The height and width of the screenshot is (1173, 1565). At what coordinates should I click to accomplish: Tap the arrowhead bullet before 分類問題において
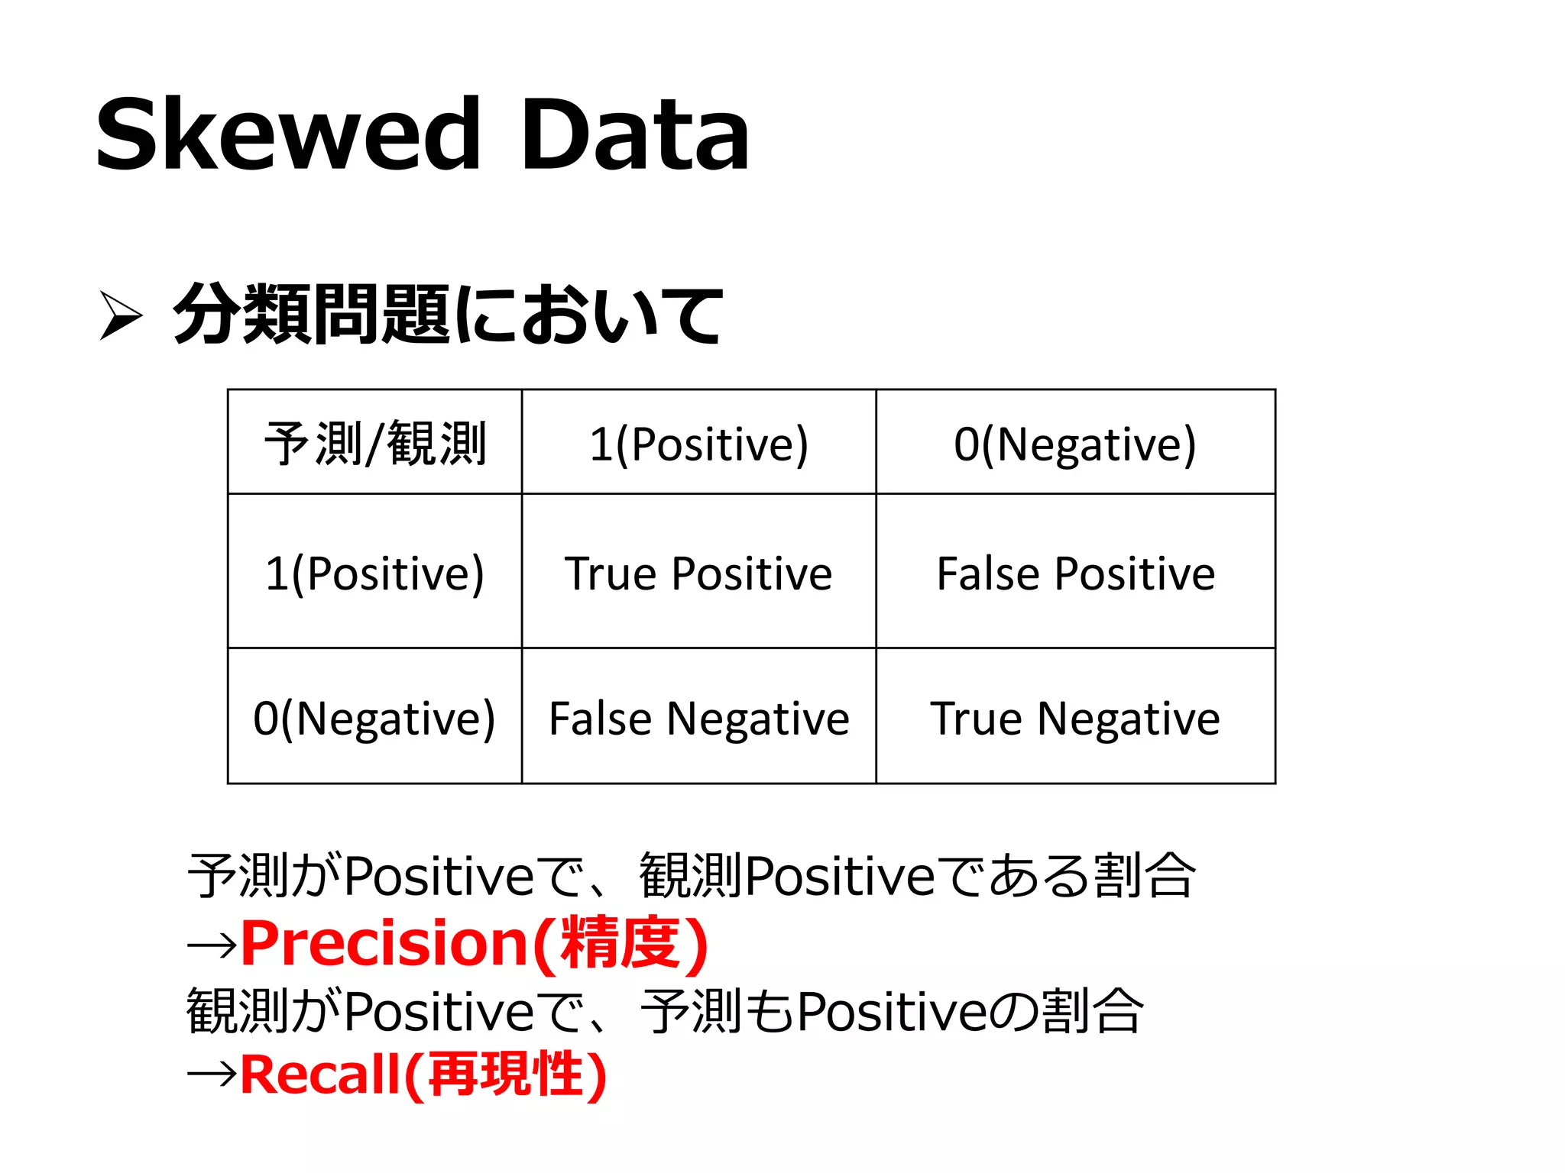121,315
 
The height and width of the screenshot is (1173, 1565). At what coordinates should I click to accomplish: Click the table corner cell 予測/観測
374,443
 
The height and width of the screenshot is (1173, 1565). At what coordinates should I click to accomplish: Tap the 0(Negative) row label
374,718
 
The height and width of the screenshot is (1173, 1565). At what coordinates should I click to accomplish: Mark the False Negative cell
698,718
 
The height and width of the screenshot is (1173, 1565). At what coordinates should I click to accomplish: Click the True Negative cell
1075,718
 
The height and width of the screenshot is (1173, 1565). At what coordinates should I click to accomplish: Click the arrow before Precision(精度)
212,946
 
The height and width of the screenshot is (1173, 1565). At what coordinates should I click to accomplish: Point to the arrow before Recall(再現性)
212,1075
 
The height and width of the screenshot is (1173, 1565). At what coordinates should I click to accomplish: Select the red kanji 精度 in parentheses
620,944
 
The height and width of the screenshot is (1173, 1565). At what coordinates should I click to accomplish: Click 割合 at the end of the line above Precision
1144,875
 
